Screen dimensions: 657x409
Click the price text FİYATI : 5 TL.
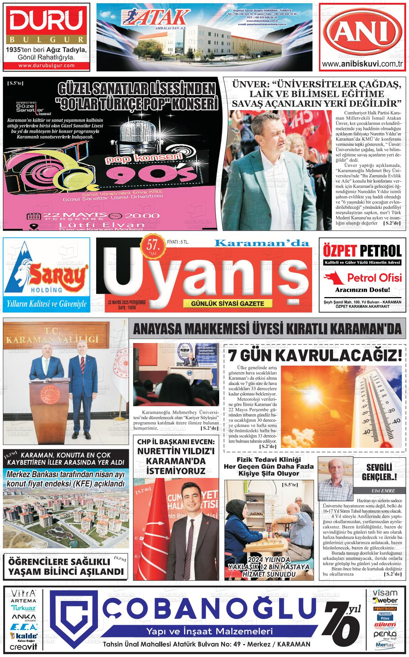point(178,242)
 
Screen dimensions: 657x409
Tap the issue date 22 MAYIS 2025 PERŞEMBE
point(127,302)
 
